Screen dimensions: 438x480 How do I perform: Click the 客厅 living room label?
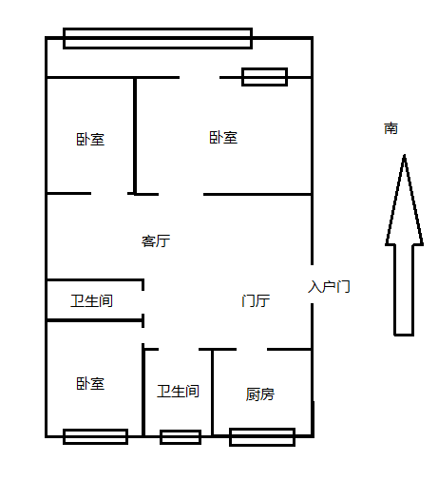point(156,241)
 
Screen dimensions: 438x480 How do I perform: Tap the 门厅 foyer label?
point(256,300)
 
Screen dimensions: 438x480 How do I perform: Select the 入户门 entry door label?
point(329,286)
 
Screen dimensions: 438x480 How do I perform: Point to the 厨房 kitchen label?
point(260,394)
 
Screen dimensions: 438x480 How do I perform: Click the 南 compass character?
point(390,128)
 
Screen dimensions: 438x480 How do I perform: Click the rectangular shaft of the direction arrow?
point(404,290)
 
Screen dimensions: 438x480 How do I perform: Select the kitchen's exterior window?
point(262,437)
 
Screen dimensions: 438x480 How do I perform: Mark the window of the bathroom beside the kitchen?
point(181,437)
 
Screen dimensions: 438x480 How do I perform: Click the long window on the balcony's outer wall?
point(158,38)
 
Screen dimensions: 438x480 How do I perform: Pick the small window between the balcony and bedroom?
point(264,77)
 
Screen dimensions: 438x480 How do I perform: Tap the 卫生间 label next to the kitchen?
point(178,392)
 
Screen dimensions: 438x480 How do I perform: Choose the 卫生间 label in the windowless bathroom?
point(91,300)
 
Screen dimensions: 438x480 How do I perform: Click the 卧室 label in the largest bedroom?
point(223,138)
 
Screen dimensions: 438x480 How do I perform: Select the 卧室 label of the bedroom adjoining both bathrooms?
point(90,383)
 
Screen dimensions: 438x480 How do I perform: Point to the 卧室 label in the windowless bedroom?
point(90,139)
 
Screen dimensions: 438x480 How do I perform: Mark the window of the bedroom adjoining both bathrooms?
point(95,436)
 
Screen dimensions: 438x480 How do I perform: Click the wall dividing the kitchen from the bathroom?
point(212,393)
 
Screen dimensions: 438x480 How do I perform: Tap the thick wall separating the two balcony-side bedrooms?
point(135,136)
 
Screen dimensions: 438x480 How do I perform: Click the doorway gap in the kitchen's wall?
point(252,349)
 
